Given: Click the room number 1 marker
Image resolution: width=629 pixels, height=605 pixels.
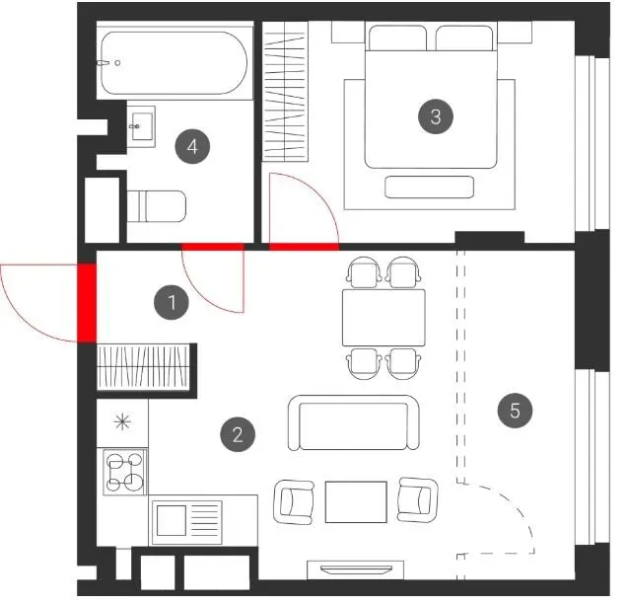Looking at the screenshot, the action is tap(172, 302).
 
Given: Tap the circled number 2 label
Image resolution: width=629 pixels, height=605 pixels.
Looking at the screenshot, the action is tap(238, 434).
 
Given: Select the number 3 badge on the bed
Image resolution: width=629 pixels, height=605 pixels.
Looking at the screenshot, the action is tap(436, 116).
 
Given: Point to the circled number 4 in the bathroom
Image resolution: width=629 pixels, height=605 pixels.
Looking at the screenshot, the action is tap(192, 146).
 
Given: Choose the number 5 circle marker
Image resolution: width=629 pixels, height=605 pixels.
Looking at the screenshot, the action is tap(515, 411).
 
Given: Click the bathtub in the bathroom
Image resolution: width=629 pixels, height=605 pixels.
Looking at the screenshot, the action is tap(175, 63).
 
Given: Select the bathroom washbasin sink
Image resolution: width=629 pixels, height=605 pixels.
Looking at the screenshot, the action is tap(142, 126).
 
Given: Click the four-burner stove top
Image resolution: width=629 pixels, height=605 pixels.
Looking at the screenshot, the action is tap(125, 472).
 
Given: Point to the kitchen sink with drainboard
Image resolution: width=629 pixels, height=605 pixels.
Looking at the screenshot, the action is tap(187, 522).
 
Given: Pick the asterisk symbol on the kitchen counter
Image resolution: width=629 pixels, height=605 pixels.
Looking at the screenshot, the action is tap(122, 422).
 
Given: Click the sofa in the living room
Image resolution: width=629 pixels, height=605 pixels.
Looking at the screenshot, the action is tap(354, 422).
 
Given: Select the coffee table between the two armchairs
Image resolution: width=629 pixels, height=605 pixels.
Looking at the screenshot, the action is tap(356, 501).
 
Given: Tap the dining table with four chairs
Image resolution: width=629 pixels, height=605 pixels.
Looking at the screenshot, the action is tap(384, 318).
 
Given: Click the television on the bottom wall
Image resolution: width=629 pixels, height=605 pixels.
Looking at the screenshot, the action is tap(356, 569).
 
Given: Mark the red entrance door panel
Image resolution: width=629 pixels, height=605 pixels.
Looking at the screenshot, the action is tap(87, 303).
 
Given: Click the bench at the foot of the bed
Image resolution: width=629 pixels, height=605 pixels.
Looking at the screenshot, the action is tap(429, 188).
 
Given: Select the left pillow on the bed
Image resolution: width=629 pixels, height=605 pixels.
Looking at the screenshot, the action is tap(397, 38).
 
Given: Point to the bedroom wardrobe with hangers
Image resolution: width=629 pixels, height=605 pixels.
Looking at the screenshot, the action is tap(285, 92).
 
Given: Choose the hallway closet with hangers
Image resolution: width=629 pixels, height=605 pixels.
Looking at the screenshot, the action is tap(143, 367).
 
